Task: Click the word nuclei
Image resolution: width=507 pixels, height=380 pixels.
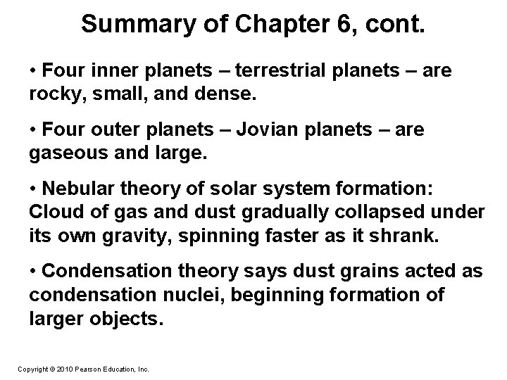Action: (198, 294)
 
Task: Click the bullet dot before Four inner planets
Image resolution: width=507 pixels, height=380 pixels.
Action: (35, 72)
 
